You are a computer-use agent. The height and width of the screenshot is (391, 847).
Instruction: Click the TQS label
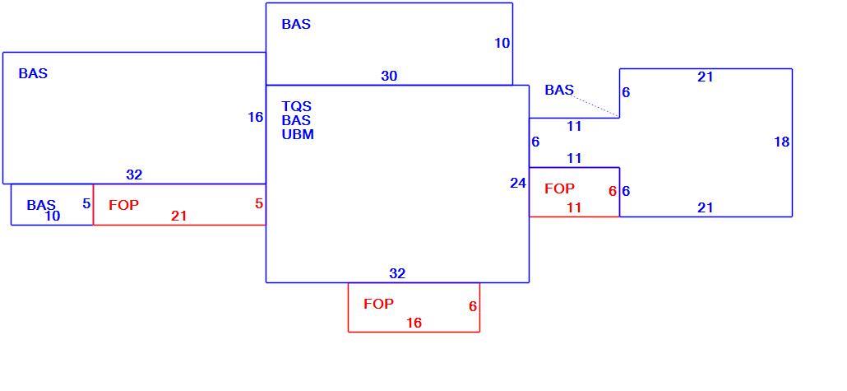(297, 106)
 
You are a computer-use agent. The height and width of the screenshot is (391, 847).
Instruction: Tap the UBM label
(298, 135)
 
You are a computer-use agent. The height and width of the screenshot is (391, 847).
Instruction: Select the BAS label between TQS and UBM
(296, 121)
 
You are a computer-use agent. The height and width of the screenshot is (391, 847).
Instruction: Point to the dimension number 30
(389, 77)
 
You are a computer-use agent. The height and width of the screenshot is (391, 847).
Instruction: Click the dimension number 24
(517, 184)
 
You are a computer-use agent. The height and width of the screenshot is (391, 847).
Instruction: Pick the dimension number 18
(782, 142)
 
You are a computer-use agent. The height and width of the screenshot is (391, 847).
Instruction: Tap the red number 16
(414, 323)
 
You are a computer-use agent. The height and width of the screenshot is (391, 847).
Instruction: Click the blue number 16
(255, 117)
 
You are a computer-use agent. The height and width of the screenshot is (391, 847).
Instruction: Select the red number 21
(178, 216)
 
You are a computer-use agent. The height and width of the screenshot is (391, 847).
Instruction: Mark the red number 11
(574, 207)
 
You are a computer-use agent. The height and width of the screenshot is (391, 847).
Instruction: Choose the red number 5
(259, 204)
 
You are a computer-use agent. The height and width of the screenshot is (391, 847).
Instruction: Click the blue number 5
(86, 204)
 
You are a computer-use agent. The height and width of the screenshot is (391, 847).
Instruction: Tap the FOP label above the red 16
(378, 304)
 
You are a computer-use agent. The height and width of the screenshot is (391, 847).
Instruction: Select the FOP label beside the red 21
(123, 205)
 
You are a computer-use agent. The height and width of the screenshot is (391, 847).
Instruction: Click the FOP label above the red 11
(560, 189)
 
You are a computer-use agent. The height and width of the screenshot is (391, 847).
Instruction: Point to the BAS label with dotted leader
(559, 91)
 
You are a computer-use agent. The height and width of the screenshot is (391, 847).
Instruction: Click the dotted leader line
(596, 106)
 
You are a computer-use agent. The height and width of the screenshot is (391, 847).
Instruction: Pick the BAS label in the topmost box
(296, 25)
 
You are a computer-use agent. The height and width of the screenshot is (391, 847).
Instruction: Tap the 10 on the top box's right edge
(502, 44)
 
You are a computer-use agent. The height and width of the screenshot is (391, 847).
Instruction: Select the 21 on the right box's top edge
(705, 77)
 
